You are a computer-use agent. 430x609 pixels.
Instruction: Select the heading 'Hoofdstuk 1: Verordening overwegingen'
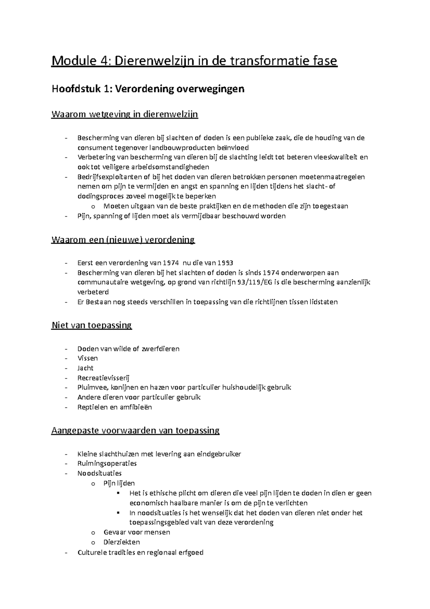(x=148, y=89)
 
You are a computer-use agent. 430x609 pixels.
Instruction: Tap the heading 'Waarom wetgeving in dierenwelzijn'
(x=125, y=114)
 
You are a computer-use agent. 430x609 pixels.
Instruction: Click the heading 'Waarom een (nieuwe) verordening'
(x=123, y=240)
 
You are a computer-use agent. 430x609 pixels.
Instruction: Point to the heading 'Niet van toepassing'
(x=91, y=325)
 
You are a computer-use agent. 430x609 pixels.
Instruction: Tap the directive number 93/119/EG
(x=252, y=282)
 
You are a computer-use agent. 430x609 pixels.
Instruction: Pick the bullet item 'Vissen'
(x=87, y=358)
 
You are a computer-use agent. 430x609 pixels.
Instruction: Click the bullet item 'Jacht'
(x=85, y=368)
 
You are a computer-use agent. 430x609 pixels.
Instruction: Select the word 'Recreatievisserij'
(x=103, y=378)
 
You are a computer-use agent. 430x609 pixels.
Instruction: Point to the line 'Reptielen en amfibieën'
(x=115, y=407)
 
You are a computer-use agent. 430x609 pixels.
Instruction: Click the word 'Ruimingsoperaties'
(x=107, y=463)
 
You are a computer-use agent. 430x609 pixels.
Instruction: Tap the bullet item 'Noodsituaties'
(x=100, y=473)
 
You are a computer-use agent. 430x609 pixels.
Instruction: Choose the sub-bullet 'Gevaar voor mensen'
(x=137, y=532)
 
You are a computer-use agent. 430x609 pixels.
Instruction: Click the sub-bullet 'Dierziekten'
(x=121, y=542)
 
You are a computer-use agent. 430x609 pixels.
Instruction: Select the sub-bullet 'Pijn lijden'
(x=119, y=483)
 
